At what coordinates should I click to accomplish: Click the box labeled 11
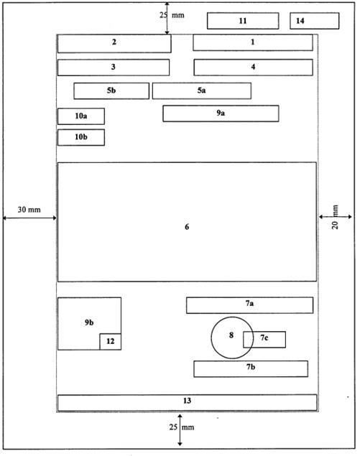243,21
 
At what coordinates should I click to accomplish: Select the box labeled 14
314,21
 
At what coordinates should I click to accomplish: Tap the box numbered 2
114,44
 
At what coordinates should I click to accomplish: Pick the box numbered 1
253,42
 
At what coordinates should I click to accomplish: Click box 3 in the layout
114,68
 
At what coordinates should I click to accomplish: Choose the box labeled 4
253,68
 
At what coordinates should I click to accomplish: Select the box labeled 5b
111,91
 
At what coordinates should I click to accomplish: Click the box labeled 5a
202,91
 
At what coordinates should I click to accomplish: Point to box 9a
221,113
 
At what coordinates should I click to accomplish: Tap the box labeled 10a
81,116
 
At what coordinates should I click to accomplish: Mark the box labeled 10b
81,137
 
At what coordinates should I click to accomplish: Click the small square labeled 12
111,341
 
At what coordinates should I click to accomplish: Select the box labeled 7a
250,305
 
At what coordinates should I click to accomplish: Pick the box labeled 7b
251,369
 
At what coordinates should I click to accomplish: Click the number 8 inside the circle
231,335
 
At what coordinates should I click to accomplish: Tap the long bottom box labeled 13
187,403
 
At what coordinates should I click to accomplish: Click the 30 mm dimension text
29,210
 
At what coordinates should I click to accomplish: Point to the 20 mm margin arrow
336,217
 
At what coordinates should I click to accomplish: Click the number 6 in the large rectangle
187,226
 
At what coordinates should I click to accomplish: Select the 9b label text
89,322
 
